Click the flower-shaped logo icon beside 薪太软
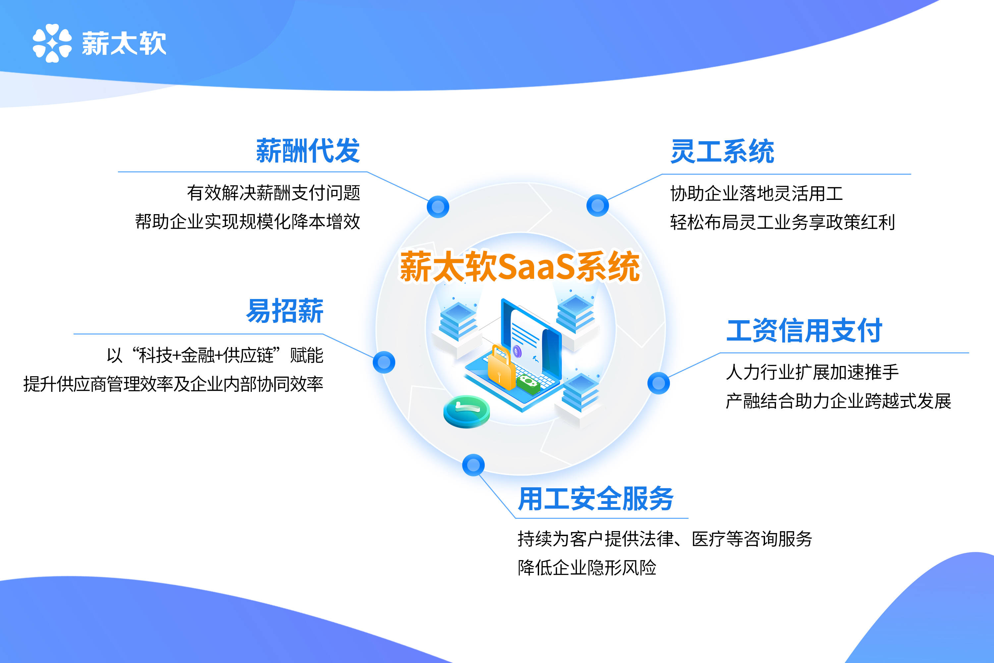pos(52,43)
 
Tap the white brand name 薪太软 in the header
pos(124,43)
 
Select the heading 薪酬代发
pos(308,151)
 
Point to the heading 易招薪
pos(285,311)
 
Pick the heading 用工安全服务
pos(596,499)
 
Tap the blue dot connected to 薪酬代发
pos(438,207)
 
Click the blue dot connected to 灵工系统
pos(598,206)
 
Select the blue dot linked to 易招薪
pos(384,362)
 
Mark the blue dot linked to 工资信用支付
pos(658,383)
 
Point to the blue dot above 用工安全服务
pos(473,465)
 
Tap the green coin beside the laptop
pos(467,411)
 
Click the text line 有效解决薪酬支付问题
pos(273,193)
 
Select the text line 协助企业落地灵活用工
pos(756,194)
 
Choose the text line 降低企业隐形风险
pos(587,568)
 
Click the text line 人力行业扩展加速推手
pos(812,372)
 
